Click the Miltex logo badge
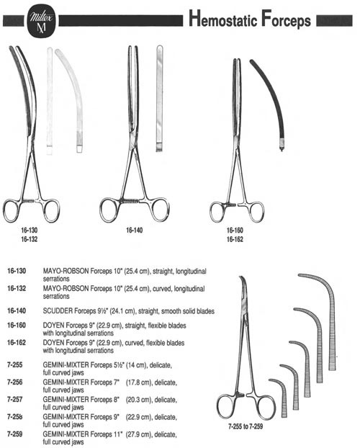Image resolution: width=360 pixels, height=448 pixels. (41, 21)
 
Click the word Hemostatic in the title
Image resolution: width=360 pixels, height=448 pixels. (223, 19)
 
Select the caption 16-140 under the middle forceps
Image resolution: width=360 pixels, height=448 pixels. (135, 230)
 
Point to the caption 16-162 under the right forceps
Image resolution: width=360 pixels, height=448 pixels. (235, 239)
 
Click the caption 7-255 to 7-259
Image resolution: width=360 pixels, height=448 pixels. (246, 426)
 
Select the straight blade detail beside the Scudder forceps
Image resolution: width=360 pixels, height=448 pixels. (159, 98)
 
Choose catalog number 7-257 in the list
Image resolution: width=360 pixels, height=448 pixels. (15, 399)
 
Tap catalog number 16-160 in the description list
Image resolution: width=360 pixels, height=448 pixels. (17, 325)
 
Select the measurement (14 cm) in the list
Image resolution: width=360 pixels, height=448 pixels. (136, 365)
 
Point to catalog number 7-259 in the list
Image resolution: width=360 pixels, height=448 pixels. (15, 434)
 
